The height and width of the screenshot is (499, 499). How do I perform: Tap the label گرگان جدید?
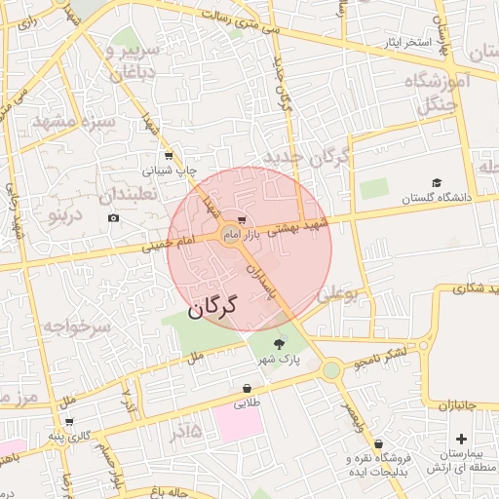[x=305, y=159]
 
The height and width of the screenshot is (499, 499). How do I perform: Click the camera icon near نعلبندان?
[x=114, y=217]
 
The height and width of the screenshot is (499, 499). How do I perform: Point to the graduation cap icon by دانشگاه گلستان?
[x=437, y=182]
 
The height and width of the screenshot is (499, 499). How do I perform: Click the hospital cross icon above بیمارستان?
[x=461, y=440]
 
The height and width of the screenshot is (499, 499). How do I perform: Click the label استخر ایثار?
[x=403, y=44]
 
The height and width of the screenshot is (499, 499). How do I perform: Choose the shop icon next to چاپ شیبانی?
[x=169, y=155]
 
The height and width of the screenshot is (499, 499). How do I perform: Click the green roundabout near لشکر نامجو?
[x=331, y=369]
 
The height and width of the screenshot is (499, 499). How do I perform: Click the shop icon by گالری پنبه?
[x=69, y=421]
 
